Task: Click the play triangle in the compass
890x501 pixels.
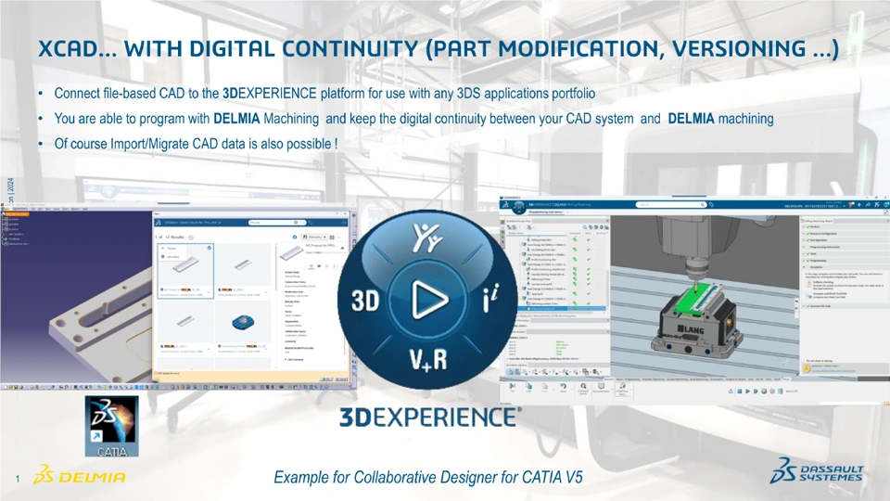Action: (x=427, y=300)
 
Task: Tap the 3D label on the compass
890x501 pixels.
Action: (x=365, y=301)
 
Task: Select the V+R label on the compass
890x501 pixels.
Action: (x=427, y=358)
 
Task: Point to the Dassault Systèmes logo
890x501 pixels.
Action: (x=817, y=473)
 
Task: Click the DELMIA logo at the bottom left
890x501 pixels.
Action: (x=79, y=477)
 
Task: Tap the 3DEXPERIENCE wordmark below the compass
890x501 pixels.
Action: (x=429, y=417)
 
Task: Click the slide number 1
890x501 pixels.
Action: (x=18, y=479)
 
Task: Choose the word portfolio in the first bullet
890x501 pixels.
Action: (x=569, y=94)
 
